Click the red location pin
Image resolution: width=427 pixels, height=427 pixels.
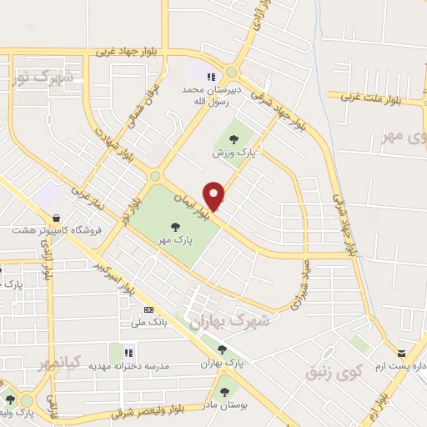click(215, 195)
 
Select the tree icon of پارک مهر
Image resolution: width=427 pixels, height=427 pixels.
click(174, 226)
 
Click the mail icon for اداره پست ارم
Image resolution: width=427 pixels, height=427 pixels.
click(401, 354)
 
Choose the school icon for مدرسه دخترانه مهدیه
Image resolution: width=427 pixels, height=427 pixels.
click(129, 353)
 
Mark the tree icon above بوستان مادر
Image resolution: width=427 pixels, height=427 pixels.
click(224, 391)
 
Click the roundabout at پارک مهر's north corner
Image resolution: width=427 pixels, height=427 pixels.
click(155, 177)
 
